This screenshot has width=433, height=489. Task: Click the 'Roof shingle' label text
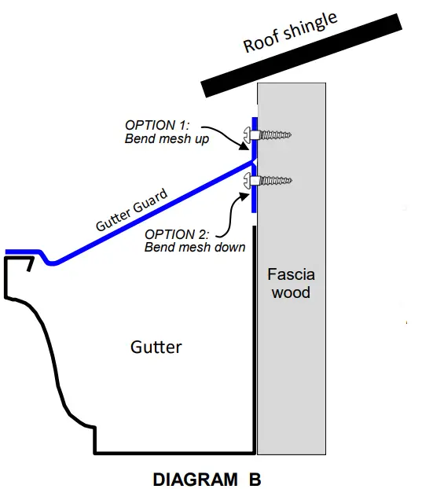[291, 31]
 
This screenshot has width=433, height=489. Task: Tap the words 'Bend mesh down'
[195, 248]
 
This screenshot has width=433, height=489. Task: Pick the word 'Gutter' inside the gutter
[156, 347]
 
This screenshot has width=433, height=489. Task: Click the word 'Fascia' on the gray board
[291, 274]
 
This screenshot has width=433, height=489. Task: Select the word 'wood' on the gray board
[291, 292]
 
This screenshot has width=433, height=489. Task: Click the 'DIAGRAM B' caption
[206, 478]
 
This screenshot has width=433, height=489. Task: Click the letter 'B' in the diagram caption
[254, 478]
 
